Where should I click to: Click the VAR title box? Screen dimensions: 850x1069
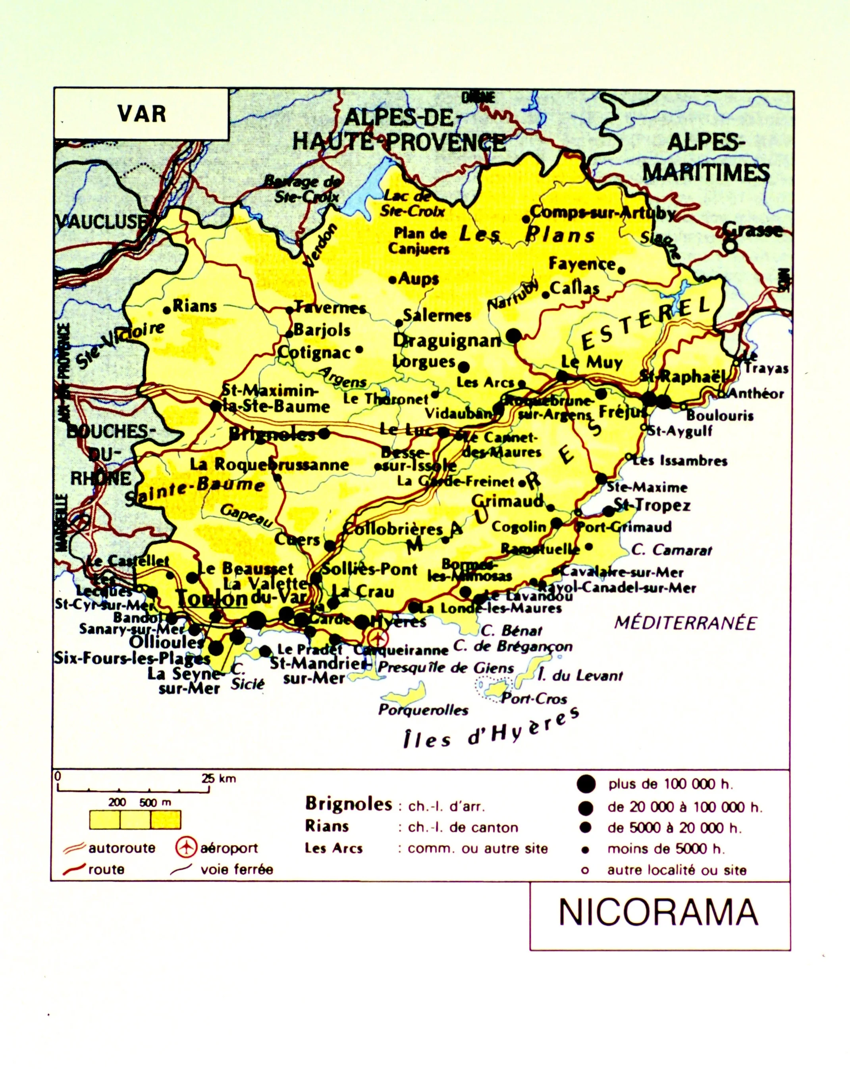coord(141,114)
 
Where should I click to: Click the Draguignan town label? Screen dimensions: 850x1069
coord(447,341)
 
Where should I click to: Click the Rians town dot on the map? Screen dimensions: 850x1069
coord(167,310)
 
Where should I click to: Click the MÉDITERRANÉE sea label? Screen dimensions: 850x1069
coord(685,623)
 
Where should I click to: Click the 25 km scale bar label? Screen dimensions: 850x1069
coord(219,778)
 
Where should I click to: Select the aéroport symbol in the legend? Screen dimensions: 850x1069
coord(186,847)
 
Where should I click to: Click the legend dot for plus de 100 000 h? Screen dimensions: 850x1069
coord(586,784)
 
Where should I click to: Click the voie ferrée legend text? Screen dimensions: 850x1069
coord(237,869)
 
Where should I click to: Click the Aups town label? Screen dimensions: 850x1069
coord(418,279)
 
